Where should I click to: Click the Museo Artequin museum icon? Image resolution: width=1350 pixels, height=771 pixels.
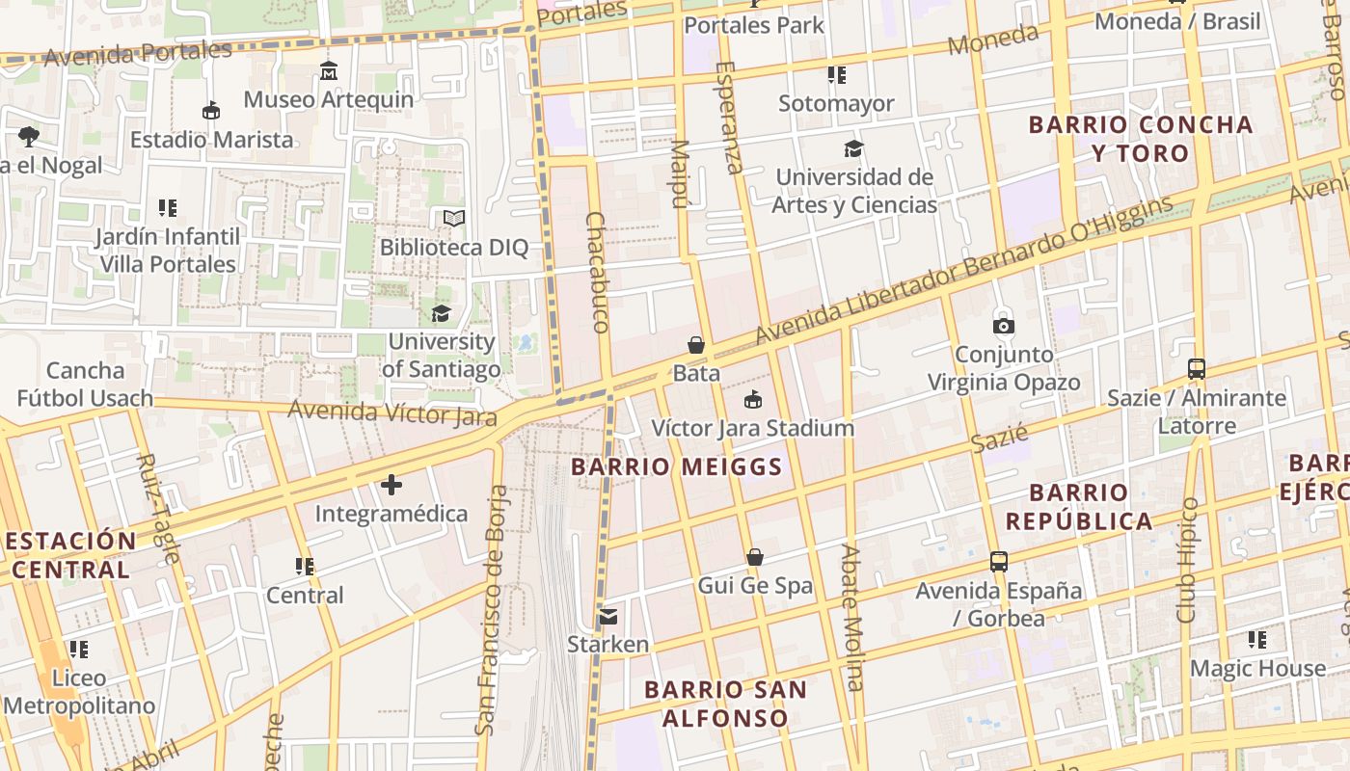[x=329, y=70]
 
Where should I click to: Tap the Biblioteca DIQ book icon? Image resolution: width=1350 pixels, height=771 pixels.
[x=454, y=219]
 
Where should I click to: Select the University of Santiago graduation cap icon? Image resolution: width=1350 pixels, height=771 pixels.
[x=441, y=313]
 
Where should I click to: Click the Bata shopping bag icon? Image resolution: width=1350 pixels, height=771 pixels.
[x=695, y=345]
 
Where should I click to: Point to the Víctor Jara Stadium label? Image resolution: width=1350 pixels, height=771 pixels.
[x=753, y=428]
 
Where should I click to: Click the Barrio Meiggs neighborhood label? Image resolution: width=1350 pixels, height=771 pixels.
[x=676, y=467]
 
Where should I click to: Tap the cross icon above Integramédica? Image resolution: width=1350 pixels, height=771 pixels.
[x=391, y=485]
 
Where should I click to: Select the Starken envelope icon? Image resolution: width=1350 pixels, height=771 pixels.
[x=607, y=616]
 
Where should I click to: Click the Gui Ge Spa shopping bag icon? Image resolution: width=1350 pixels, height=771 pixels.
[x=755, y=557]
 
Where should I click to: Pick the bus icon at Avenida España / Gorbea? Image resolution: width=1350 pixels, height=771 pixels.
[x=999, y=562]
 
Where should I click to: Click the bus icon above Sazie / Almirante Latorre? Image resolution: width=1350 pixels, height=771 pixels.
[x=1197, y=369]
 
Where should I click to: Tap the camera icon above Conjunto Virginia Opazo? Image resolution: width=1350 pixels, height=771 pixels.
[x=1004, y=326]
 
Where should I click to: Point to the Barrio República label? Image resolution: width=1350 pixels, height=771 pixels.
[x=1078, y=507]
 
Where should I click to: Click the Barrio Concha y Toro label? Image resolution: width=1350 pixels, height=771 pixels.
[x=1141, y=139]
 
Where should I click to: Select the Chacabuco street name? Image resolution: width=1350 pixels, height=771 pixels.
[x=598, y=273]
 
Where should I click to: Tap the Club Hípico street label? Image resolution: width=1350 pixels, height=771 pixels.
[x=1187, y=560]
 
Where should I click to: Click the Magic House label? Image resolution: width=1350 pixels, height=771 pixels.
[x=1257, y=668]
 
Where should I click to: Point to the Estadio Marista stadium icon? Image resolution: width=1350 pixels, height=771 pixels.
[x=211, y=111]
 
